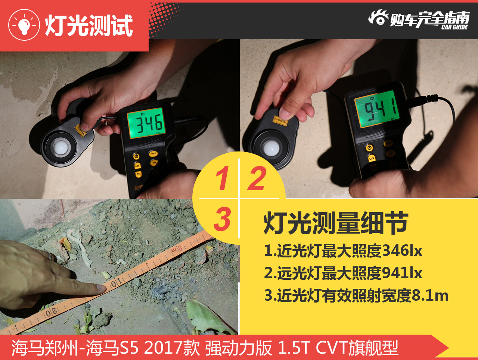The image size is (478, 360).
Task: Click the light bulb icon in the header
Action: coord(24,25)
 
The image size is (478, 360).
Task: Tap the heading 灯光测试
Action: coord(89,26)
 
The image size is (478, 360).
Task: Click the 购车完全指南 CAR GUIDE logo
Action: coord(419,19)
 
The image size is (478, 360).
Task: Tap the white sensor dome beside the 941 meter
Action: coord(270,148)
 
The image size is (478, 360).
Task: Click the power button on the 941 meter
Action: coord(369,148)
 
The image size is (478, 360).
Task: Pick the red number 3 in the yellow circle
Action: coord(223,219)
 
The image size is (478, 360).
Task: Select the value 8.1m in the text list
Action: coord(430,295)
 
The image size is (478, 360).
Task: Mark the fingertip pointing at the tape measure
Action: coord(100,288)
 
